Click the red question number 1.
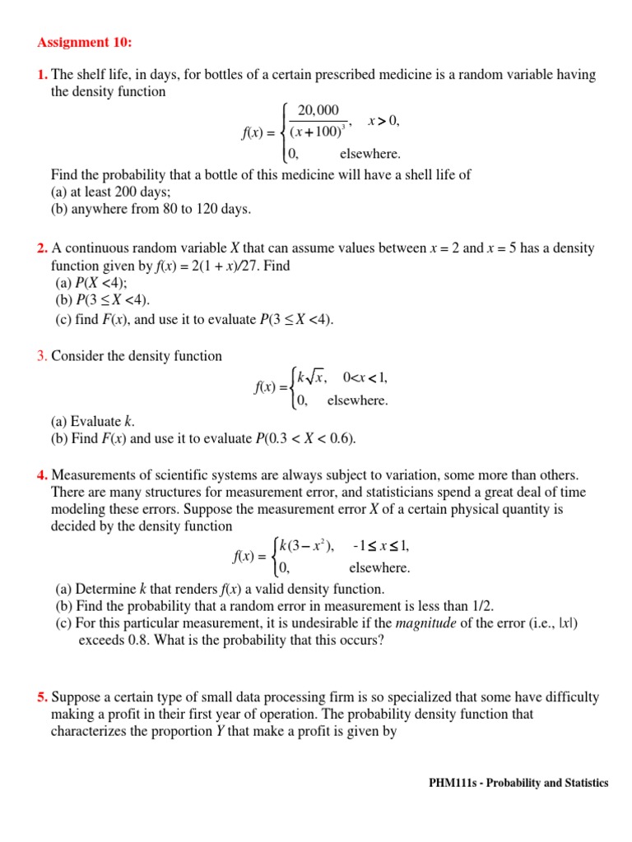tap(42, 76)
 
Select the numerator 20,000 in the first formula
tap(318, 111)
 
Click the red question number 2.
tap(42, 248)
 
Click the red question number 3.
tap(42, 356)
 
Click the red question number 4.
tap(42, 475)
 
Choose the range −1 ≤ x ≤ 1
tap(380, 546)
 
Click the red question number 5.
tap(42, 697)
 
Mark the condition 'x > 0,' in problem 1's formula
tap(383, 122)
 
